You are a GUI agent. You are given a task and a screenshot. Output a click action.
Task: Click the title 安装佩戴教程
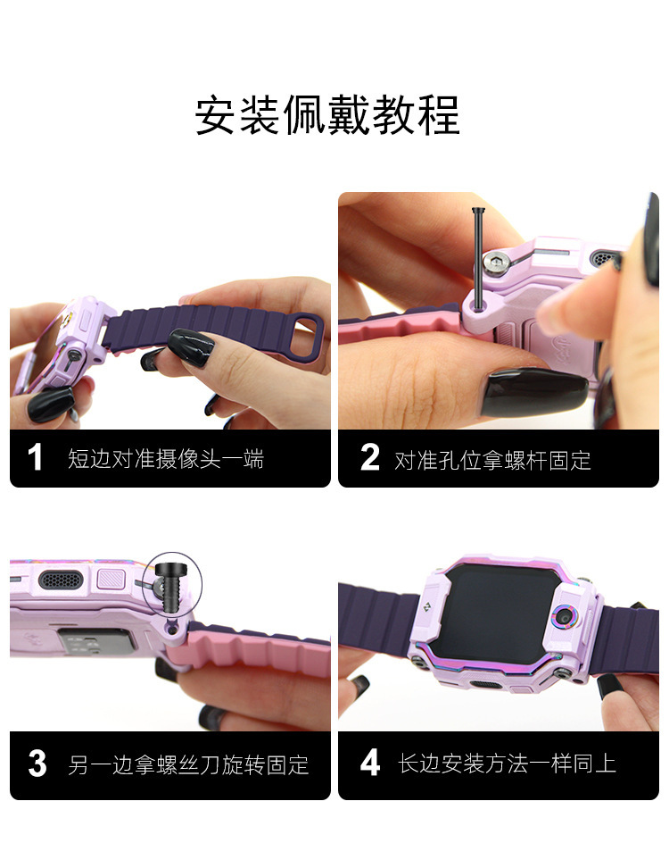coord(327,115)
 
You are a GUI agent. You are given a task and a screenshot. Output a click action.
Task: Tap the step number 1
coord(35,457)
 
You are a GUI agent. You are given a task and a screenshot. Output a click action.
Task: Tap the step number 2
coord(369,457)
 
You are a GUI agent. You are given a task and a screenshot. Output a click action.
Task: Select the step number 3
coord(37,764)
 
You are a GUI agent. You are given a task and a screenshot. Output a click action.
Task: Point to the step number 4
coord(370,764)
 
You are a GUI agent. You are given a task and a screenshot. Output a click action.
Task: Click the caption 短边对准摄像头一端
coord(166,459)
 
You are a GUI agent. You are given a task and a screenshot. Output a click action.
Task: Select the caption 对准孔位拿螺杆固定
coord(493,460)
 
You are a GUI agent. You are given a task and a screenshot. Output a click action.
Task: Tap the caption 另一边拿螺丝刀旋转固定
coord(188,764)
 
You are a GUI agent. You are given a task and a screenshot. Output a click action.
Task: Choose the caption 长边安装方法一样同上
coord(507,764)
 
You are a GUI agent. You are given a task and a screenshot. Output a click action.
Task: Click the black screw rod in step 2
coord(477,257)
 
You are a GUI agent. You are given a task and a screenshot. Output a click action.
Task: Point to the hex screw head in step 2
coord(494,263)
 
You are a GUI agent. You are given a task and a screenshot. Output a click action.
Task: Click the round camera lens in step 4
coord(564,617)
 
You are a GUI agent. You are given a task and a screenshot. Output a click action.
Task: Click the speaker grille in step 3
coord(61,580)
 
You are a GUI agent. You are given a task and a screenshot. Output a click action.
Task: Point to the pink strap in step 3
coord(252,651)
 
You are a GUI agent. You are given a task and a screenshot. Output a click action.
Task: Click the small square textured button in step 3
coord(111,580)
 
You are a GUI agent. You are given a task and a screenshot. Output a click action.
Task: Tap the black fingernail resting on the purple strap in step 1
coord(191,348)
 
